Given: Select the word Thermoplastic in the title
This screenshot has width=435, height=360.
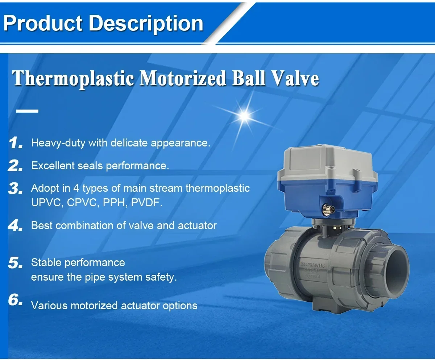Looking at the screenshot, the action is point(73,79).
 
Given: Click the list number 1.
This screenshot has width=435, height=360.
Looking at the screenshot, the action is point(16,143).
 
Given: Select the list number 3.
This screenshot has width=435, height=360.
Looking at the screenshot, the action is point(16,188).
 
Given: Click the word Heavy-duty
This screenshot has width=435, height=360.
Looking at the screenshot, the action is point(58,143).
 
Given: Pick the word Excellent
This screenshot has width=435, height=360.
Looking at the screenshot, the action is point(53,166).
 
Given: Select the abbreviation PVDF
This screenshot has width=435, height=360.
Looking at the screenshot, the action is point(147,202).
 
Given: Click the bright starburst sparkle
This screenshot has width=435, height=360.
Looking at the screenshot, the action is point(245,115).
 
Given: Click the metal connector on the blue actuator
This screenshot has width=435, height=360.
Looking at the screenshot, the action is point(327,210).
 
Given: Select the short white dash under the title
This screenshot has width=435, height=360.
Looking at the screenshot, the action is point(27,111).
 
